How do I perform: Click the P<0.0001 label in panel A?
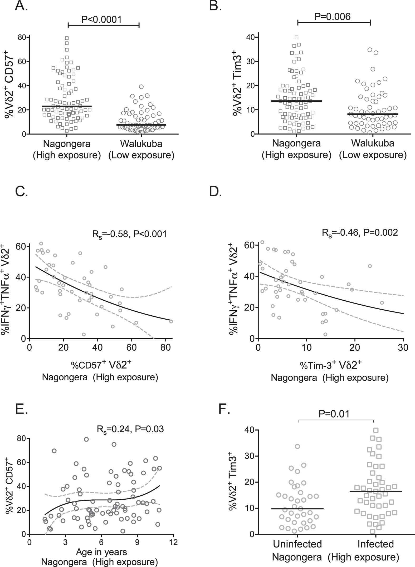101,19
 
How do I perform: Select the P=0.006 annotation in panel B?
333,17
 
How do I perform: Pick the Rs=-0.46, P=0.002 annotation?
360,232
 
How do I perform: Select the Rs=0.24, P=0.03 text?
130,429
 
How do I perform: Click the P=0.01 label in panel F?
334,414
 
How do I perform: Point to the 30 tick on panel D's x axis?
403,347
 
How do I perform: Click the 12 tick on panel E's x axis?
173,542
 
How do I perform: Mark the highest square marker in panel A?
67,38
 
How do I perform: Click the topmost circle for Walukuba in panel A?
141,87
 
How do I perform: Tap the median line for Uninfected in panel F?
297,509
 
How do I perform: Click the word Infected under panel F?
375,544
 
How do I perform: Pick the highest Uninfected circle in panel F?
297,446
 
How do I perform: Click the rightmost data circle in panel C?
171,321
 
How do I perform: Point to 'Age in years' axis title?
101,552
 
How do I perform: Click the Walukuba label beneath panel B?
373,143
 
